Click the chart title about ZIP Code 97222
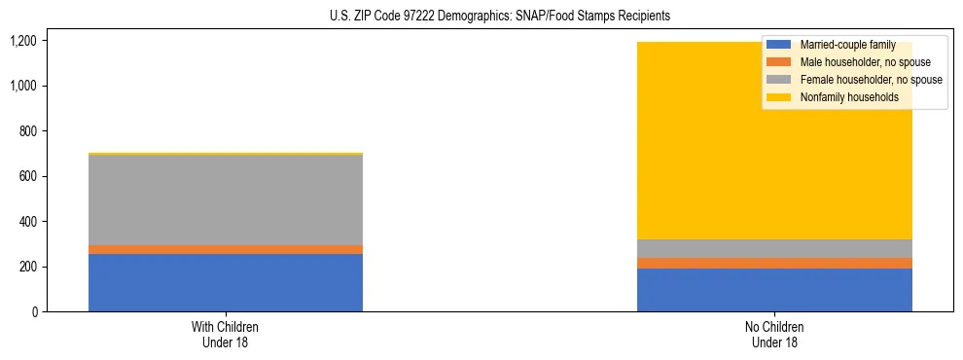pos(481,17)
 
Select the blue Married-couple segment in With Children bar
pos(226,282)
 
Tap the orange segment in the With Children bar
pos(226,249)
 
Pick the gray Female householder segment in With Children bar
pos(226,199)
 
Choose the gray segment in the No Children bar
pos(774,248)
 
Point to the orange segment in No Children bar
pos(774,263)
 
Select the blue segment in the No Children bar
pos(774,290)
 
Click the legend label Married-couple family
pos(846,45)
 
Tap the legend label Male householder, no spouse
pos(865,62)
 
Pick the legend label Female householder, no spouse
pos(871,80)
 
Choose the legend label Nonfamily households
pos(848,97)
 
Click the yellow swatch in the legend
pos(779,97)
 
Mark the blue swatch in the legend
pos(779,45)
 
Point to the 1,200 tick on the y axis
pos(22,41)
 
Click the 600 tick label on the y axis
pos(27,176)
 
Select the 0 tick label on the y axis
pos(33,311)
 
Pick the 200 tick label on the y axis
pos(27,267)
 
